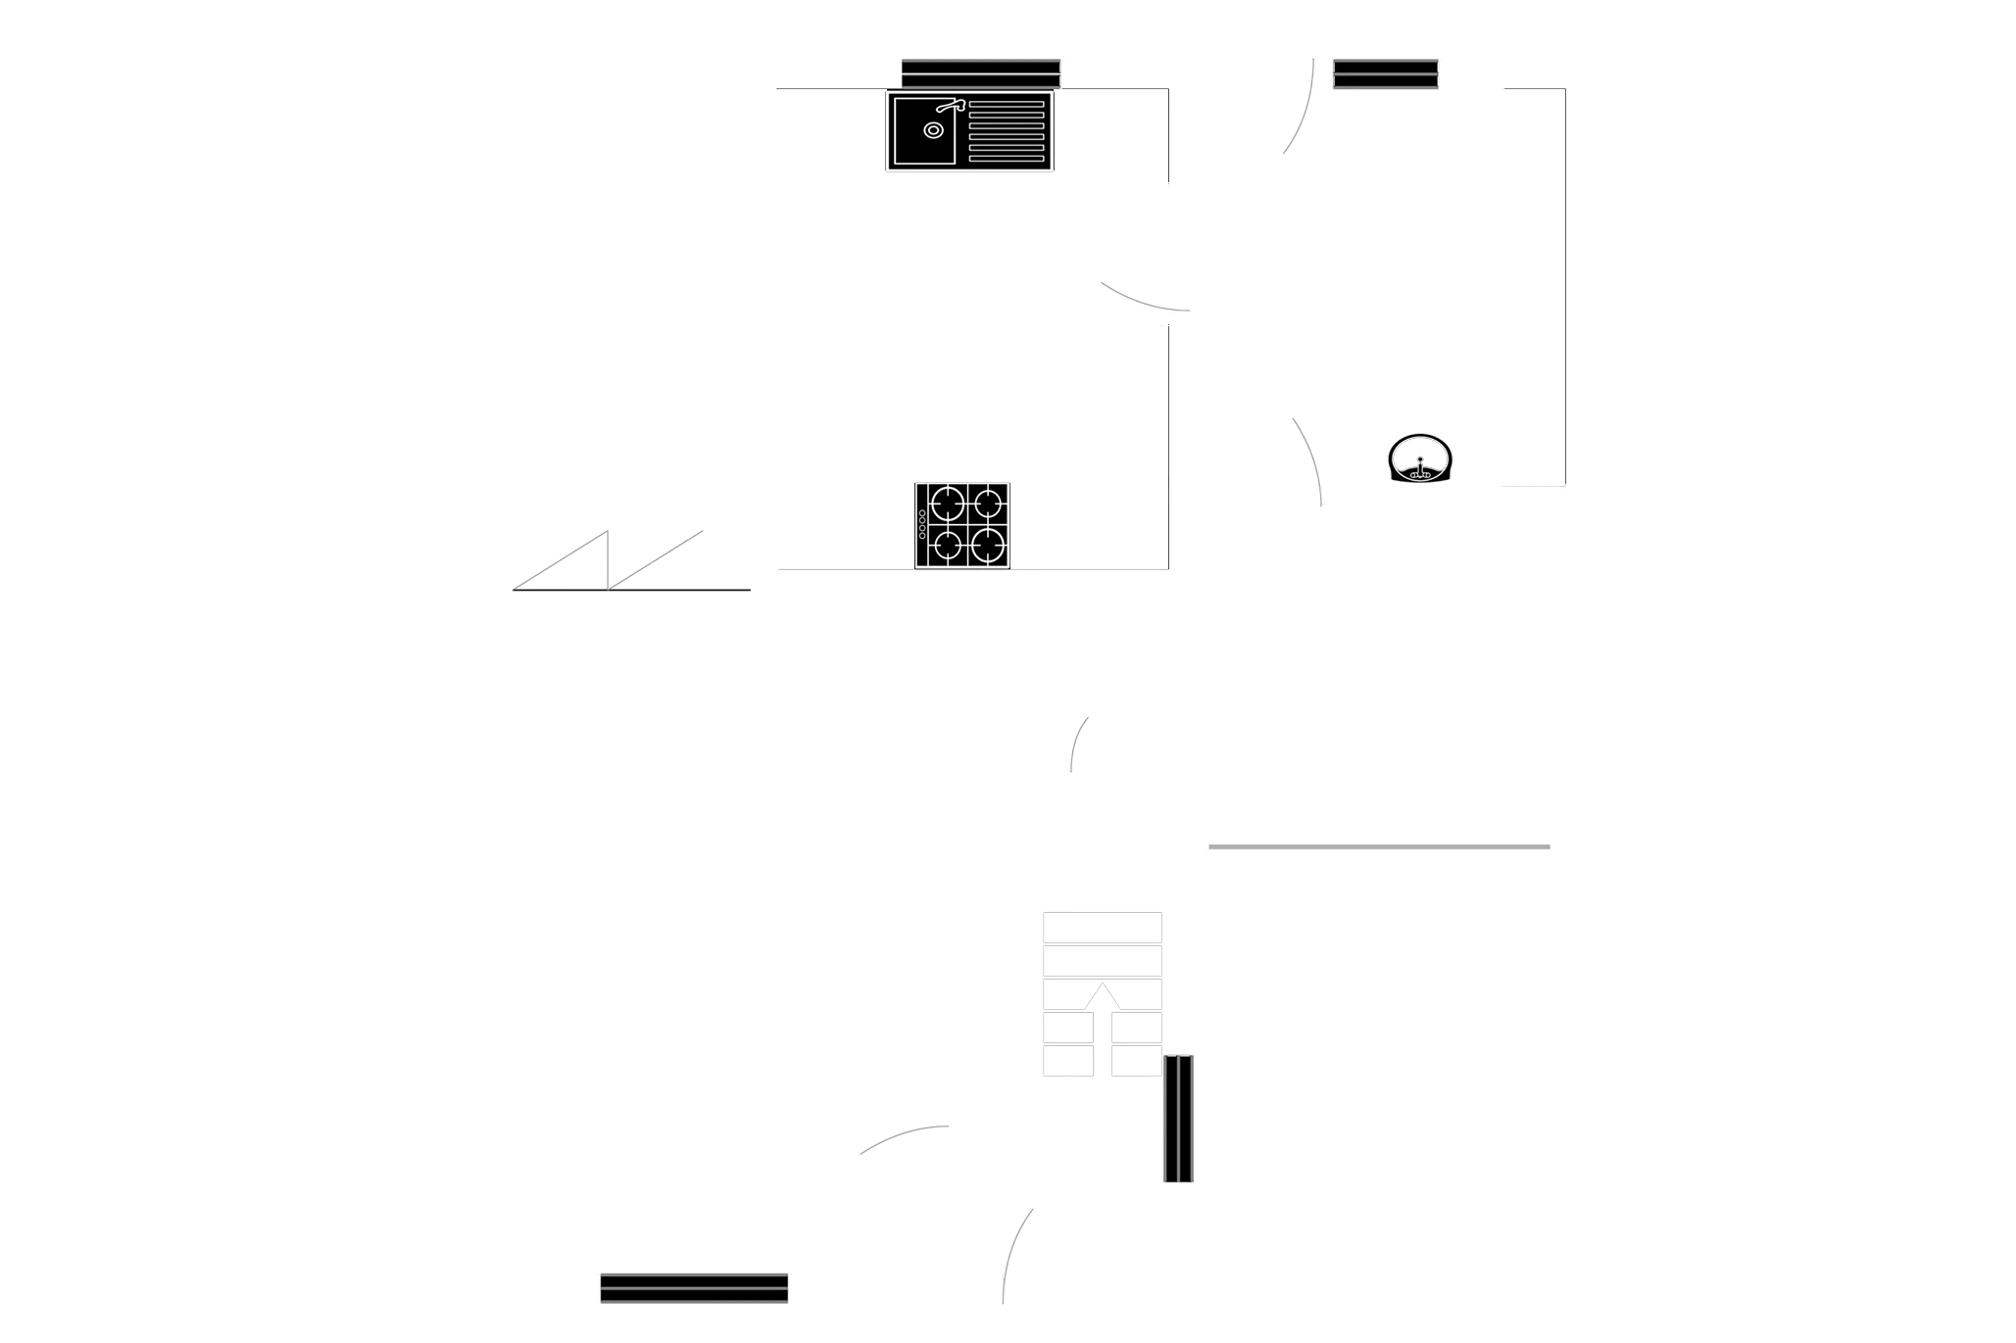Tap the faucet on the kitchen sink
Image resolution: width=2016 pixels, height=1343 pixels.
click(950, 106)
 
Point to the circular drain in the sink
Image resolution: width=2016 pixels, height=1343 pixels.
click(932, 129)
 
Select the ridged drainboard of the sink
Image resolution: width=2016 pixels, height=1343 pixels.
click(1006, 130)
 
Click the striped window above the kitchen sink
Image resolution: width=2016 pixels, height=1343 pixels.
click(980, 72)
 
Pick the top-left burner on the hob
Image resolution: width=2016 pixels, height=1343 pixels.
click(947, 504)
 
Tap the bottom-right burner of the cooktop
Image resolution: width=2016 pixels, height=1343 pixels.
click(988, 544)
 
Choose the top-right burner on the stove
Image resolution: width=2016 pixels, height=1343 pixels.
click(988, 504)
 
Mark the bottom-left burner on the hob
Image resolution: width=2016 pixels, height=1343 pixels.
click(947, 544)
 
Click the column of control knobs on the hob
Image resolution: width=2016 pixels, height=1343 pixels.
click(922, 524)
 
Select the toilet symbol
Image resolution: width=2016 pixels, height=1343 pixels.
click(1420, 458)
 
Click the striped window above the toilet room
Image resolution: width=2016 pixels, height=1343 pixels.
click(1386, 73)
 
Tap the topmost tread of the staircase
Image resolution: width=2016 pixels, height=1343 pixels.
click(1104, 928)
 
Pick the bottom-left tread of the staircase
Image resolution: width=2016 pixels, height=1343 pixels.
click(1069, 1062)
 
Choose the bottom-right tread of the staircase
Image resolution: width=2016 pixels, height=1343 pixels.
click(1137, 1062)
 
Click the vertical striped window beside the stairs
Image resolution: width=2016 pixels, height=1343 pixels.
click(1180, 1119)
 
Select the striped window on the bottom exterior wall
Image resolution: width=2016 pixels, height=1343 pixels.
click(694, 1288)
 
